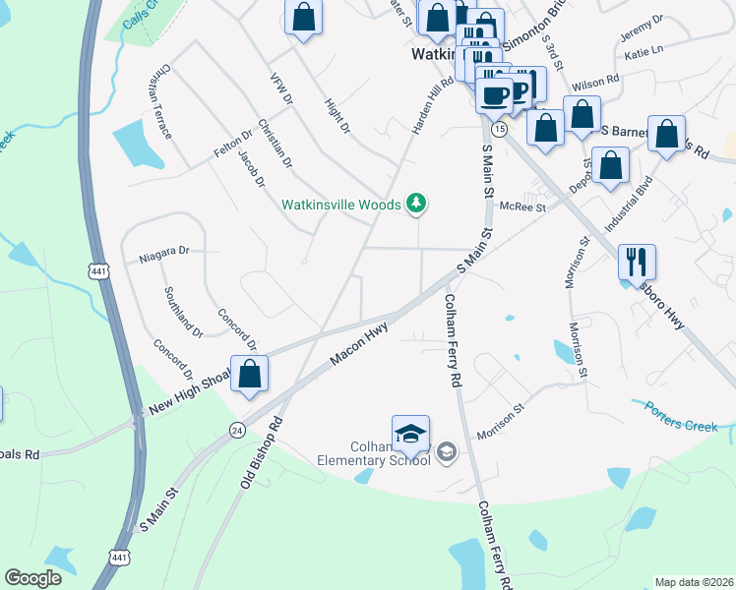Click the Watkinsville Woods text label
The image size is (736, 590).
pyautogui.click(x=340, y=205)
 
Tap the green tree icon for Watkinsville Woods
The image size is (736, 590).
pyautogui.click(x=417, y=204)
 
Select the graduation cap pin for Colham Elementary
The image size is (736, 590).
pyautogui.click(x=410, y=434)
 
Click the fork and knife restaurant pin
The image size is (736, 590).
pyautogui.click(x=637, y=262)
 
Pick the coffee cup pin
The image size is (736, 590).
pyautogui.click(x=494, y=95)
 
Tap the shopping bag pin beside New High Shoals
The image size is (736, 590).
pyautogui.click(x=250, y=374)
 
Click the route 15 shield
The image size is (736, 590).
pyautogui.click(x=500, y=130)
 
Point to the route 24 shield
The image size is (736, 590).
pyautogui.click(x=237, y=430)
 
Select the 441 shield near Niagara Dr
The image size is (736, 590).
pyautogui.click(x=98, y=269)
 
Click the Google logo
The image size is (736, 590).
pyautogui.click(x=32, y=578)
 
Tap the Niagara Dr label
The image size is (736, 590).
pyautogui.click(x=163, y=252)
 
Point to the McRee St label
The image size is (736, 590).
pyautogui.click(x=521, y=206)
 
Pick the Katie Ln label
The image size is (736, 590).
pyautogui.click(x=643, y=50)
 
